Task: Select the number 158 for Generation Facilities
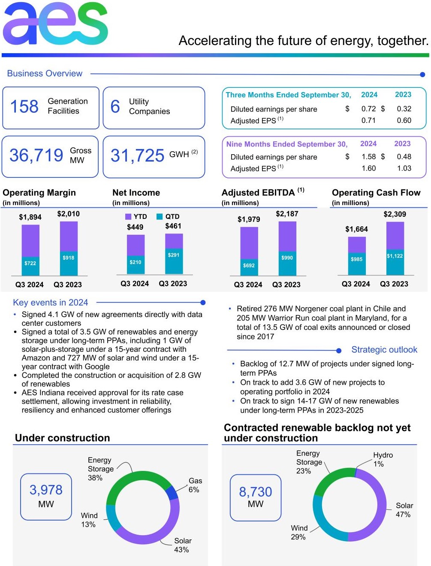point(24,107)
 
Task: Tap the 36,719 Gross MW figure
point(36,156)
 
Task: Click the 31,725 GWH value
point(137,156)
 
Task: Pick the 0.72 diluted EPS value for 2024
point(368,109)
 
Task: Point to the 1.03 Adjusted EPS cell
point(404,168)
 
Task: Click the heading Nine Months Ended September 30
point(286,144)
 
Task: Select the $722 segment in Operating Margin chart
point(30,264)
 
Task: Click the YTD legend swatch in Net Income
point(128,217)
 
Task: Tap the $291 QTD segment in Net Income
point(174,255)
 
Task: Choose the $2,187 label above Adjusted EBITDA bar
point(287,214)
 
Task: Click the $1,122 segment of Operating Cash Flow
point(395,256)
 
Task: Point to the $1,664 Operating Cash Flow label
point(356,229)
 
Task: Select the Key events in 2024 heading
point(50,302)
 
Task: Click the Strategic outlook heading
point(384,350)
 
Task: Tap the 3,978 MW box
point(46,497)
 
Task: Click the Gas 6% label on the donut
point(195,485)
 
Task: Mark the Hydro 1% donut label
point(383,459)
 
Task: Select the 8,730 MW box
point(256,497)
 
